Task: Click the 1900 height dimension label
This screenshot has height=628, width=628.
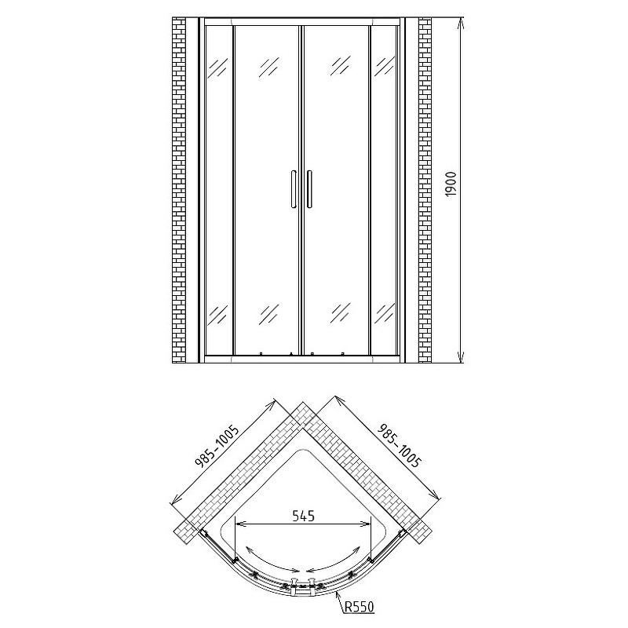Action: (x=451, y=184)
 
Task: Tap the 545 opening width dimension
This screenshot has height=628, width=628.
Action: (x=303, y=516)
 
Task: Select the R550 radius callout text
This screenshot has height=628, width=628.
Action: (x=360, y=607)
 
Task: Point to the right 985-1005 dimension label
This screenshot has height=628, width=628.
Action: (x=400, y=445)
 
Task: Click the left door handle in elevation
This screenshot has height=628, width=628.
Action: (x=294, y=189)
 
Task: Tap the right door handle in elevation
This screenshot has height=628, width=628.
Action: (x=309, y=189)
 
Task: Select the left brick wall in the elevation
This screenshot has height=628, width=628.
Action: (x=179, y=190)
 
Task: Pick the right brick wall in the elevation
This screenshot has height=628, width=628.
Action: (x=425, y=190)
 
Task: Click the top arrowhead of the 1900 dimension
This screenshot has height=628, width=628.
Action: (x=461, y=24)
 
